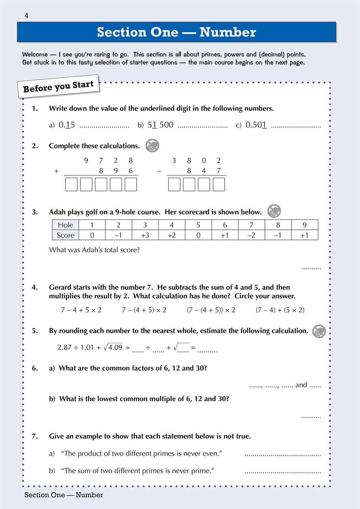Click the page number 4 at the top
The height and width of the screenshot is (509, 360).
click(26, 15)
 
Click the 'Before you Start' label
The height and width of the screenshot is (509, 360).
click(58, 87)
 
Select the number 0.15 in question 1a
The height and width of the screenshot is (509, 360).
click(67, 125)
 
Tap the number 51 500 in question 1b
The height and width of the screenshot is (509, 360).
click(160, 125)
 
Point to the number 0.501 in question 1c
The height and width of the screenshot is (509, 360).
click(256, 125)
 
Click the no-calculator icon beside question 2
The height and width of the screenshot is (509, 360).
click(152, 146)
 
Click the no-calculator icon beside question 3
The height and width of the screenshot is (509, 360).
click(274, 211)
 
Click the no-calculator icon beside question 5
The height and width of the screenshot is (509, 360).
click(319, 331)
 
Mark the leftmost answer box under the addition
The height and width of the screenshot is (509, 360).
click(71, 185)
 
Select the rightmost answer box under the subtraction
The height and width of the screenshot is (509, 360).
click(219, 185)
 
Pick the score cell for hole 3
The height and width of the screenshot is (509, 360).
click(145, 235)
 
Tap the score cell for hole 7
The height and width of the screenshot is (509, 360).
click(251, 235)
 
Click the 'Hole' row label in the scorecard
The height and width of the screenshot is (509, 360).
click(65, 225)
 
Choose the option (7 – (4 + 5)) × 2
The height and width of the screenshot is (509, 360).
click(211, 310)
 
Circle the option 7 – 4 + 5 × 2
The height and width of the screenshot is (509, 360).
click(81, 310)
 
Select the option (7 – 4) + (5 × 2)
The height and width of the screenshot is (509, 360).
click(280, 310)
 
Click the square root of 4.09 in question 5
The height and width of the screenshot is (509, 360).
click(114, 347)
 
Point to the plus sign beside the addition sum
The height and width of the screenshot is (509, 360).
click(56, 171)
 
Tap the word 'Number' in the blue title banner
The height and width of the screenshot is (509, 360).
click(227, 32)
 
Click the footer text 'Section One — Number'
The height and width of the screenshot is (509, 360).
click(64, 495)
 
